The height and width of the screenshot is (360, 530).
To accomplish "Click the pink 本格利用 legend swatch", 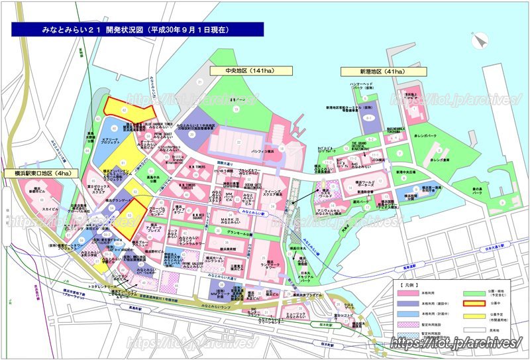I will (x=408, y=292).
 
